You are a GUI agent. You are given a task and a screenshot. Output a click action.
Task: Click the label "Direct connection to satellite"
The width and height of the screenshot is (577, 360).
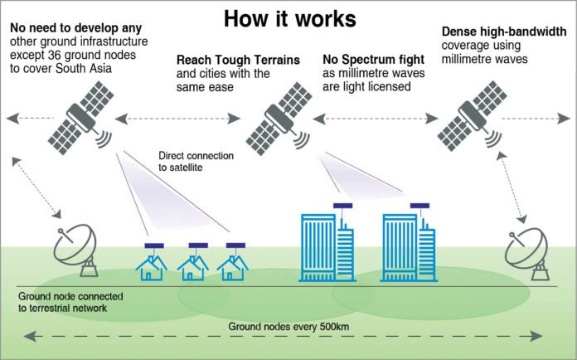196,162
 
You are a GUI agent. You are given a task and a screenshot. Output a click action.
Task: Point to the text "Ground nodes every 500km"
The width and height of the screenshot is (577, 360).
288,327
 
